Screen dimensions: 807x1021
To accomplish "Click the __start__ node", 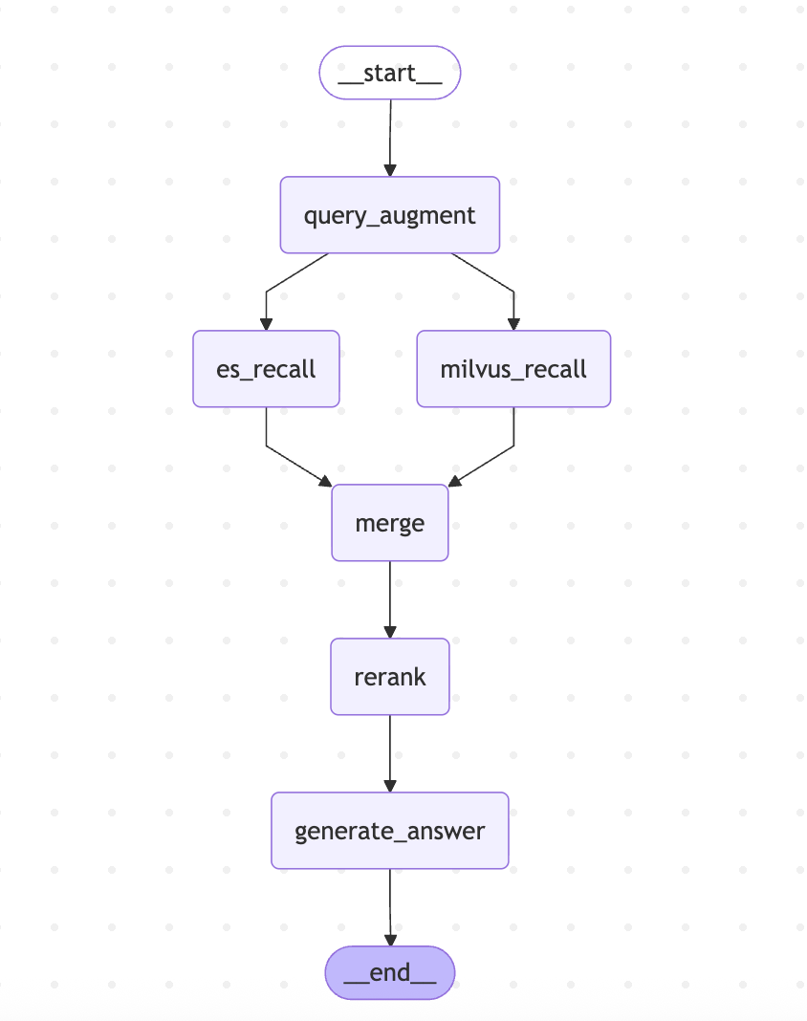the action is pos(389,73).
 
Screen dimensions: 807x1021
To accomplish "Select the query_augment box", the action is pos(389,215).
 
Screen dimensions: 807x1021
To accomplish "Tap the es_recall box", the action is pos(266,369).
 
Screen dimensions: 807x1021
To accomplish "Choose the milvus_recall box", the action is pos(513,369).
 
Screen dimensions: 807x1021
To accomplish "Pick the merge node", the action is pos(389,523).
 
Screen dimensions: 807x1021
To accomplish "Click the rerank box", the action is pos(389,677).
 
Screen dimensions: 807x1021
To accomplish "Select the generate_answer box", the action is pos(389,830).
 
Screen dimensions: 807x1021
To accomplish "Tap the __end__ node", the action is pos(389,973).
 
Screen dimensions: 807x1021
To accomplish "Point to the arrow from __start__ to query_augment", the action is pos(390,138).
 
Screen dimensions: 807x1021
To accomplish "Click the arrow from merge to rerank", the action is pos(390,599).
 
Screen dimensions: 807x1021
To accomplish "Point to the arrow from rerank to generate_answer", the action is pos(390,753).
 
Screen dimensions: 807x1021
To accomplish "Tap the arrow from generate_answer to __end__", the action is pos(390,907).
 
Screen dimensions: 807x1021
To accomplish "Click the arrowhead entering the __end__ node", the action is pos(390,941).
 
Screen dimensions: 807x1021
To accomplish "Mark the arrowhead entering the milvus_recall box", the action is pos(513,324).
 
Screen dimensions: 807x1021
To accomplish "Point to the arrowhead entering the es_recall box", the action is pos(266,324).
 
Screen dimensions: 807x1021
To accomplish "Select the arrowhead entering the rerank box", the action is pos(390,632).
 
